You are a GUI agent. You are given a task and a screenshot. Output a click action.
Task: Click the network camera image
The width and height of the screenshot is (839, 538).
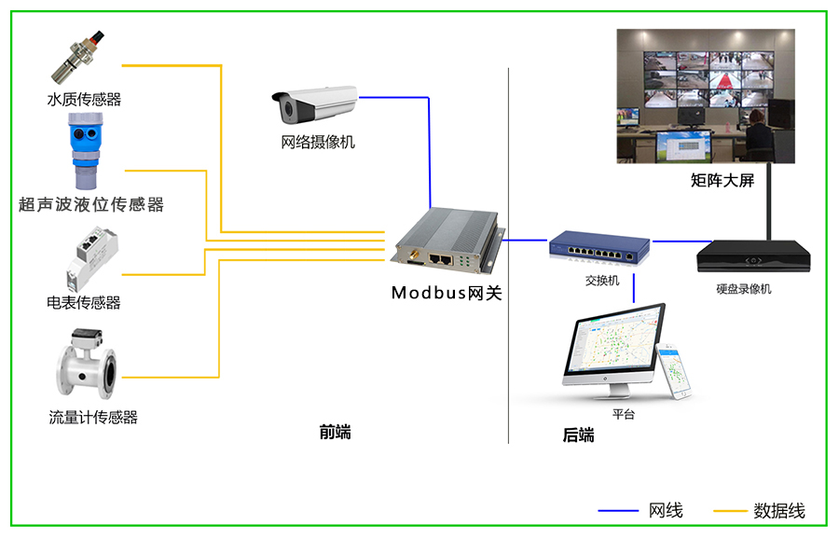click(313, 104)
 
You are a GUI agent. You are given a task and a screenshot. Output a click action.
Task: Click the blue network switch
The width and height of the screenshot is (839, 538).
click(598, 248)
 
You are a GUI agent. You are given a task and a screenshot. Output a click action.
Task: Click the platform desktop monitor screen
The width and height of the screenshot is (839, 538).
click(612, 343)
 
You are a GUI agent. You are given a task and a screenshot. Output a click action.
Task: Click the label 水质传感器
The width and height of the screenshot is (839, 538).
click(84, 99)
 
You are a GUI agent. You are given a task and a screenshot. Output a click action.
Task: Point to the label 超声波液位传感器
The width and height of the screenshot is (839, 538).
click(90, 204)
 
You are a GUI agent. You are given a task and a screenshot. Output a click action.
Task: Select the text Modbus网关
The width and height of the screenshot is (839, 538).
click(447, 293)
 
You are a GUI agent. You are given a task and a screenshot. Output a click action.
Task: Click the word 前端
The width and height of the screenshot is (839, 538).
click(335, 433)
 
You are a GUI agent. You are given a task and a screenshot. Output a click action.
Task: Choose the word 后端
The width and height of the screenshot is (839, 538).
click(578, 435)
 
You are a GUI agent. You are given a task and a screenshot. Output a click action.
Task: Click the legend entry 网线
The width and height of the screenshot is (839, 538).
click(666, 510)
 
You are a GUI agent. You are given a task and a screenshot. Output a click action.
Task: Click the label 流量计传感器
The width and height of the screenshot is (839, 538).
click(93, 417)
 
